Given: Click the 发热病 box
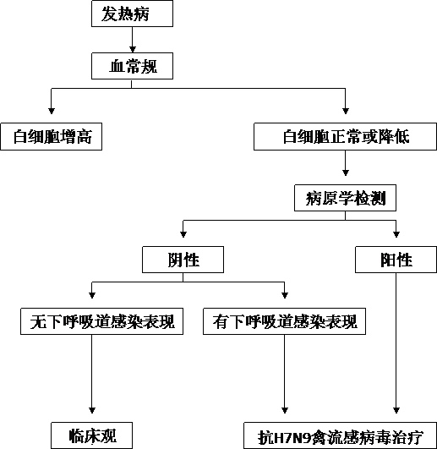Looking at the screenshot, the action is pos(132,14).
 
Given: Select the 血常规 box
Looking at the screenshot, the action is pos(132,66).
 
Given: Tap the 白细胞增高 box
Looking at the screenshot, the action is pos(52,137).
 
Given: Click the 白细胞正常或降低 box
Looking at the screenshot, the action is pos(345,137).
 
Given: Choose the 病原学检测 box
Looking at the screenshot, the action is pos(345,198).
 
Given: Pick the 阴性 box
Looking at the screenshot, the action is pos(183,260).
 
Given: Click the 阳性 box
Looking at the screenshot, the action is pos(396,260).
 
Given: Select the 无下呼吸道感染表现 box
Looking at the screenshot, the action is pos(102,321).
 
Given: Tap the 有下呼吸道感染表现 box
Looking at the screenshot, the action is pos(285,321).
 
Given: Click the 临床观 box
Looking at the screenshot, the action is pos(92,435).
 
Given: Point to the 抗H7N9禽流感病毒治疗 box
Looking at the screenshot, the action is pos(341,435).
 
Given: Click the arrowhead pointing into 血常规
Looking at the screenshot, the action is pos(132,50).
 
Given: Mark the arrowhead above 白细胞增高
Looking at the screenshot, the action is pos(52,111).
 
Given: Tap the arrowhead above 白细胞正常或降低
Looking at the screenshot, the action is pos(346,111).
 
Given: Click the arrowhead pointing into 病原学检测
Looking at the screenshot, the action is pos(346,172).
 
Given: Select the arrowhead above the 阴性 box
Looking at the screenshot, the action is pos(183,234).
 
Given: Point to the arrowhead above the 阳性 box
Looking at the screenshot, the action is pos(396,234).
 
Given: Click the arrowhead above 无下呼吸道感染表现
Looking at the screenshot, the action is pos(92,295).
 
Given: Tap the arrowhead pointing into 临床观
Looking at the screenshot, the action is pos(92,410).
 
